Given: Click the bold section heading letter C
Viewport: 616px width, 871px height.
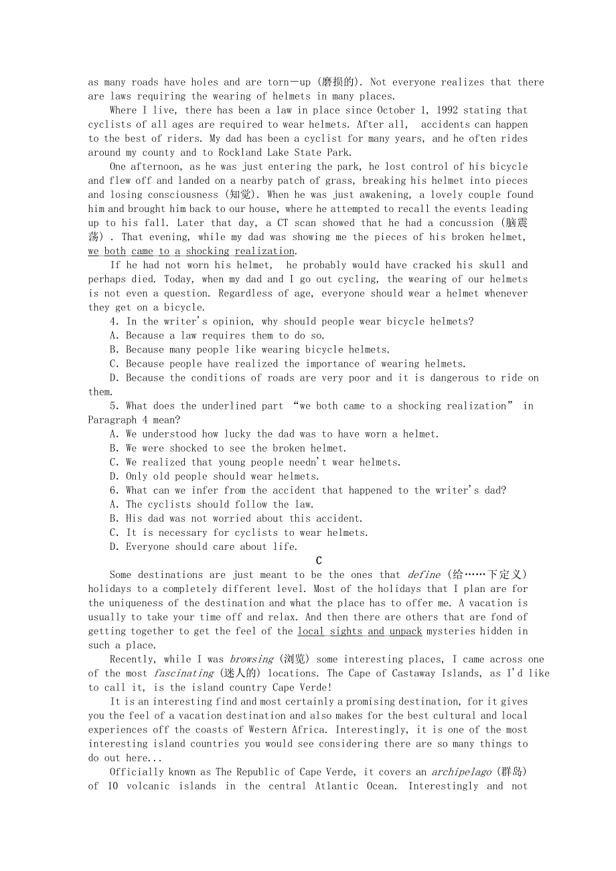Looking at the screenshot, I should (319, 561).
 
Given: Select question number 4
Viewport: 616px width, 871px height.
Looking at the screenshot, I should (113, 321).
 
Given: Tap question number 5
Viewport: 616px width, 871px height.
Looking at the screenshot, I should (113, 405).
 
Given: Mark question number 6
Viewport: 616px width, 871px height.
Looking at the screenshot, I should (113, 490).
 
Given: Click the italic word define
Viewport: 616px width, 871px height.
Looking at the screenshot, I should (424, 575).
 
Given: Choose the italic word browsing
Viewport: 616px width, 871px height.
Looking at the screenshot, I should (251, 659).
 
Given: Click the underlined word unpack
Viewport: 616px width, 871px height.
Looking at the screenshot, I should (406, 631).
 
